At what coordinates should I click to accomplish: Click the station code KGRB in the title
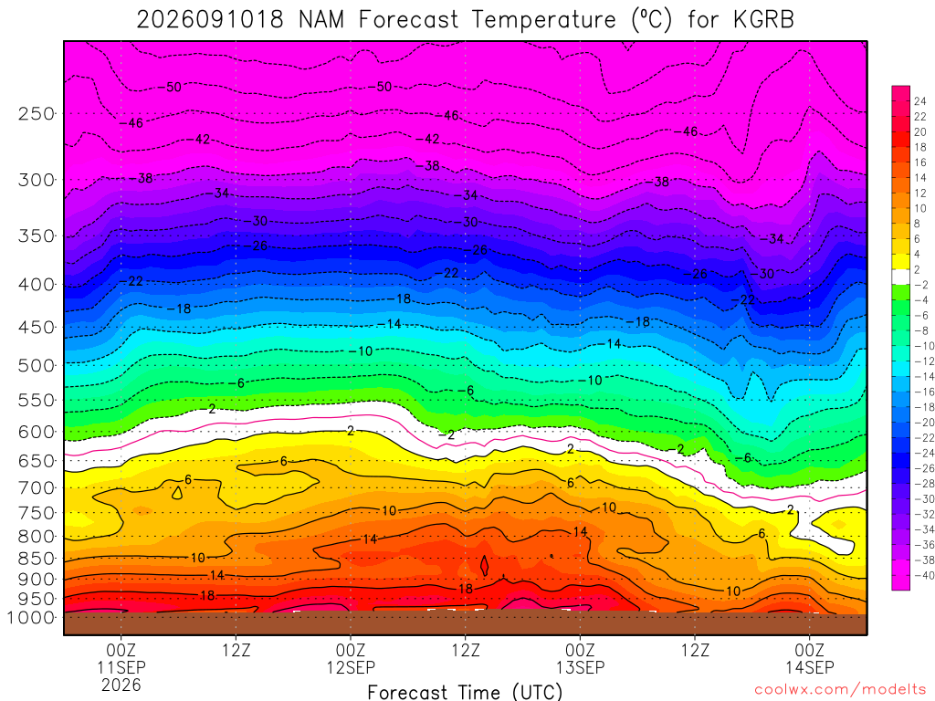(x=764, y=20)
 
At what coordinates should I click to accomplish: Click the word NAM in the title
(x=321, y=20)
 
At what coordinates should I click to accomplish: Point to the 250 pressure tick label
(x=37, y=113)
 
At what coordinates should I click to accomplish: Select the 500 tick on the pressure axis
(x=37, y=365)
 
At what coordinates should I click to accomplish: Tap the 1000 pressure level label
(x=31, y=618)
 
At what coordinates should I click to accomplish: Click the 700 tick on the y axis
(x=37, y=488)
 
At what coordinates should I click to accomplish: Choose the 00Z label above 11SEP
(x=121, y=650)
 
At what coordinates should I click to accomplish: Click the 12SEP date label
(x=351, y=667)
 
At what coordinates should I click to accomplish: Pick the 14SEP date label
(x=809, y=667)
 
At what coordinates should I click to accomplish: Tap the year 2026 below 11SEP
(x=121, y=685)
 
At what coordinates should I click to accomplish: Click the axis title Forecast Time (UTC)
(x=465, y=692)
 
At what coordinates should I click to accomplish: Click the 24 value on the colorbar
(x=920, y=101)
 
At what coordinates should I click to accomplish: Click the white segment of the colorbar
(x=900, y=277)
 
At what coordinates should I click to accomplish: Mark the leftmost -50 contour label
(x=170, y=87)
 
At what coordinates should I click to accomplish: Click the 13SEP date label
(x=580, y=667)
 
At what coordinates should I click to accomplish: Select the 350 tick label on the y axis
(x=37, y=236)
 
